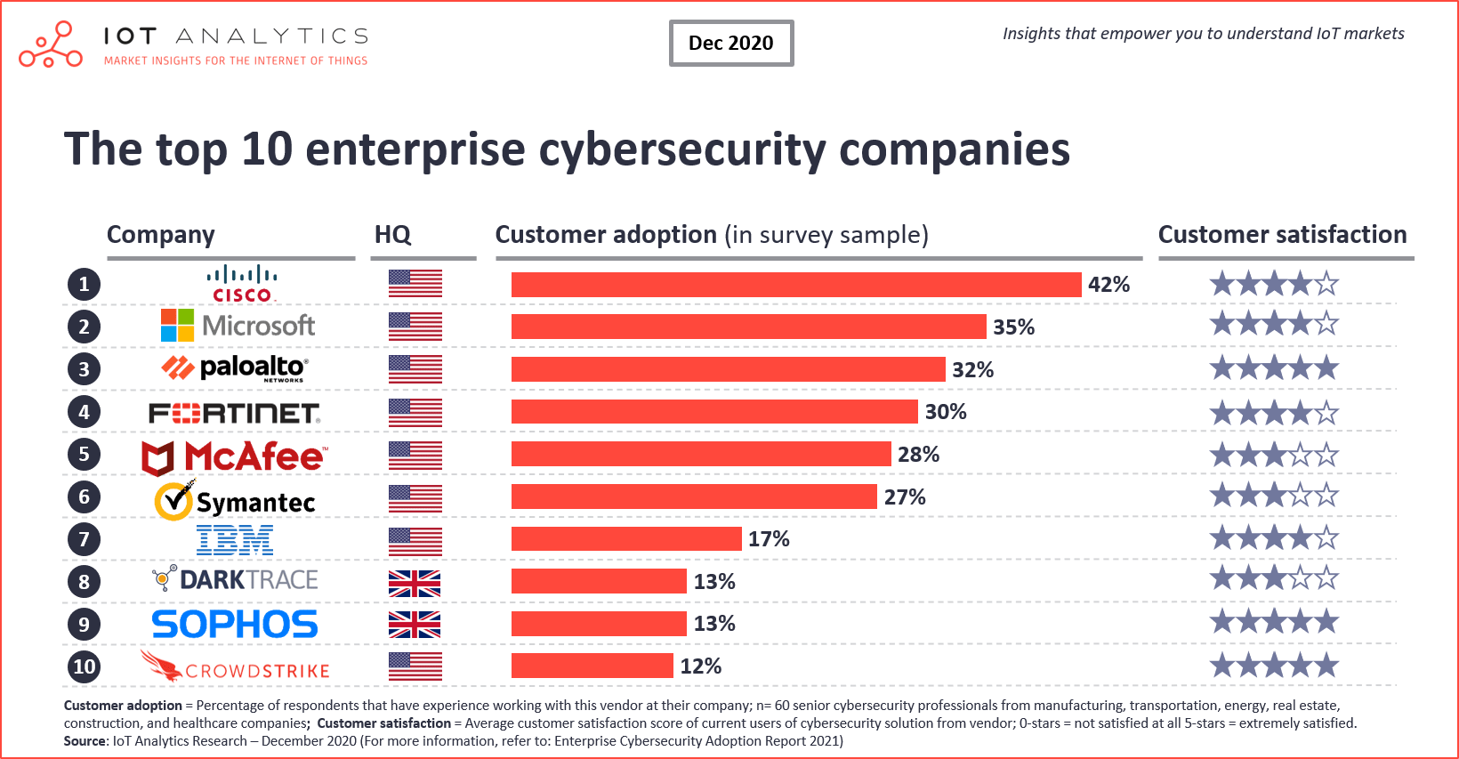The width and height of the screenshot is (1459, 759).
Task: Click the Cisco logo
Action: [x=242, y=283]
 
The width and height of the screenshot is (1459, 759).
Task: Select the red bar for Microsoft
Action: [x=748, y=327]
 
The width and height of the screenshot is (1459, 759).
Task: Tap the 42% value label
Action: [x=1108, y=285]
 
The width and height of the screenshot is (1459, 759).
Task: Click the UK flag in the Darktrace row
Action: [x=415, y=583]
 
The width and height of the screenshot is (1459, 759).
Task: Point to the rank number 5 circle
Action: [x=84, y=454]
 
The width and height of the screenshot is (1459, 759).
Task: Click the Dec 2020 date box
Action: [x=731, y=43]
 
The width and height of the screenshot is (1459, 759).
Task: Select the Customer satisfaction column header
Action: [x=1282, y=235]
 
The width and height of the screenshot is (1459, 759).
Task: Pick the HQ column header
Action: [x=392, y=235]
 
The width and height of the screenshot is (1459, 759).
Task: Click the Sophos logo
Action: [x=235, y=625]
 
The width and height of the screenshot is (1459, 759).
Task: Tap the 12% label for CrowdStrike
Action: [x=700, y=666]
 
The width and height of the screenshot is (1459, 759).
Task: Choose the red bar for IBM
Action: [x=625, y=539]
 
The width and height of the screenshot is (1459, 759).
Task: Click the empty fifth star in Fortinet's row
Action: [x=1326, y=413]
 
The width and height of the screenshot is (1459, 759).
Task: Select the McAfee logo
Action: [x=235, y=456]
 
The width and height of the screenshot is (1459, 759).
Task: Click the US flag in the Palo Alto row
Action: [x=415, y=369]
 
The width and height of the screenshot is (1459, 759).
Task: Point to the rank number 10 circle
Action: [x=84, y=666]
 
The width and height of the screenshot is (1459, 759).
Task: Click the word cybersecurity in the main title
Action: [x=682, y=149]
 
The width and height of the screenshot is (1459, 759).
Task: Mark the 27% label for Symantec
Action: [x=904, y=497]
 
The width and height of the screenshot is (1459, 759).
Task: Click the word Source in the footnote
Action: [x=84, y=741]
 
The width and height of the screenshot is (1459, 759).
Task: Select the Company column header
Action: [x=161, y=235]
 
